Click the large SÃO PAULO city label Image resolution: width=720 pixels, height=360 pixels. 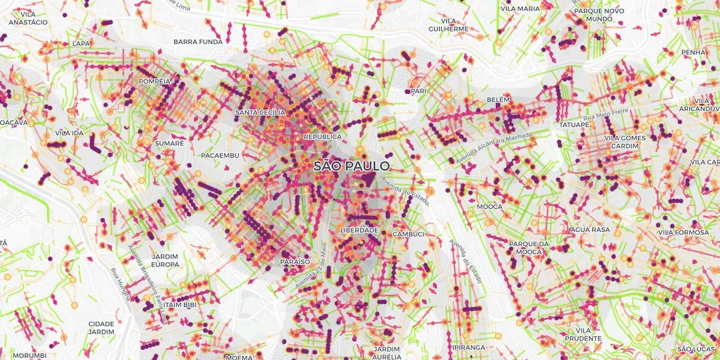(351, 166)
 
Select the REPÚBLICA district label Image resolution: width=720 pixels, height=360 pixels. (322, 137)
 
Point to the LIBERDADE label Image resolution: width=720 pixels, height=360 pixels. (359, 230)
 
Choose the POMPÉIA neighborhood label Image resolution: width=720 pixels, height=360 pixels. (155, 82)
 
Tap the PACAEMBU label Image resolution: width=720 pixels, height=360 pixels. (221, 155)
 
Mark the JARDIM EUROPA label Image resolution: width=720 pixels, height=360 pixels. (165, 260)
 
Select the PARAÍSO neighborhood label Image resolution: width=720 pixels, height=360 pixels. (295, 261)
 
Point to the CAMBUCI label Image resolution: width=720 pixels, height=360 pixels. (409, 234)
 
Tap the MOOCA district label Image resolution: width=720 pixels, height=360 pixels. (490, 207)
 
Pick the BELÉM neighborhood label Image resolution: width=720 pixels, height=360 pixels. (498, 99)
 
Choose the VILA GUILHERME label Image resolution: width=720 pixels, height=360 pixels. (448, 25)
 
